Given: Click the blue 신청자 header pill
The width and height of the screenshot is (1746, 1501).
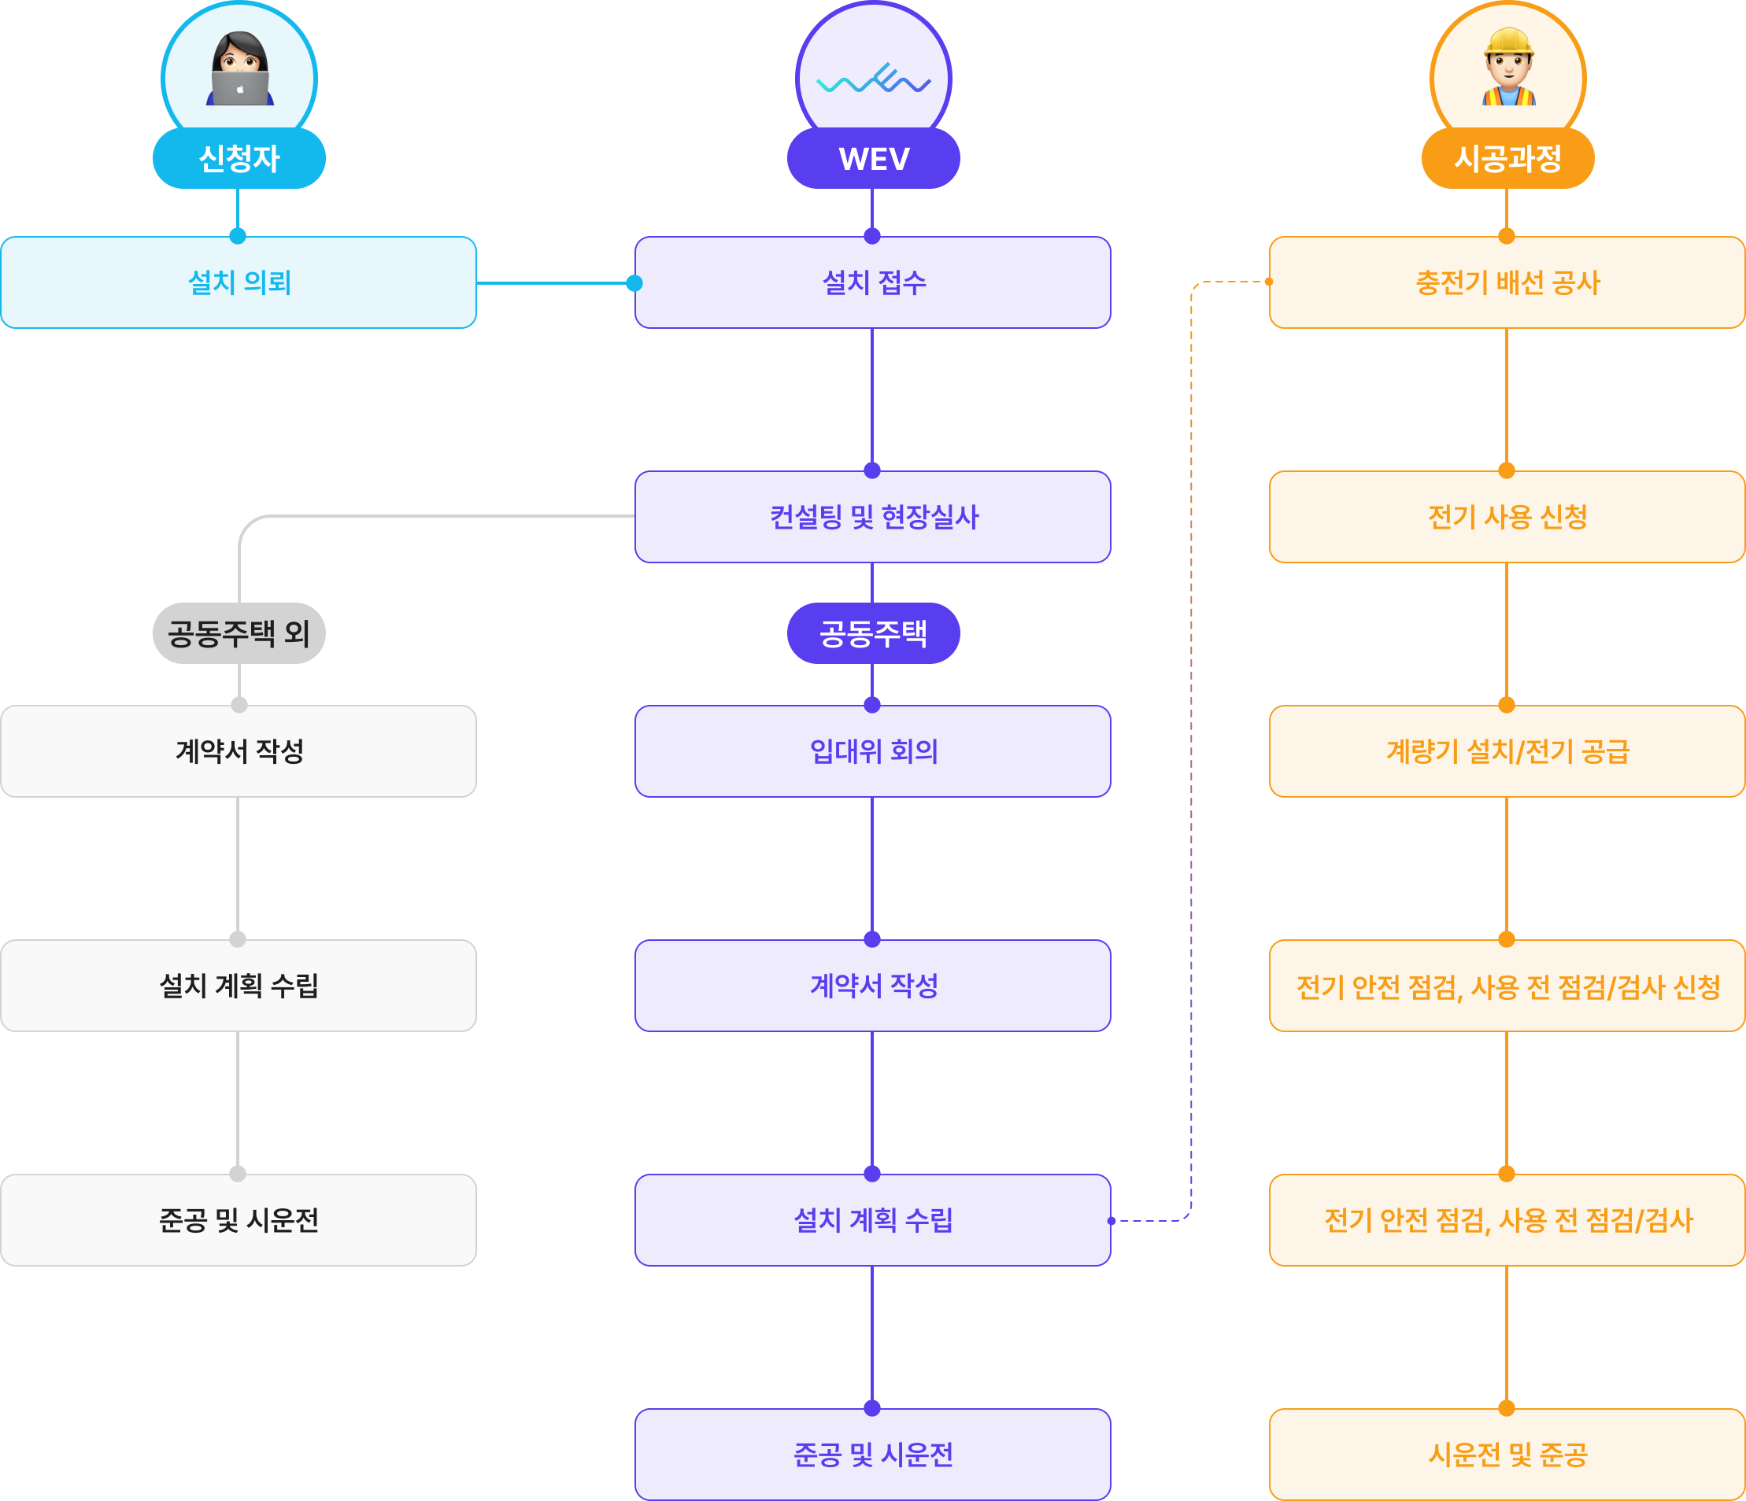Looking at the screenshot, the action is (x=239, y=158).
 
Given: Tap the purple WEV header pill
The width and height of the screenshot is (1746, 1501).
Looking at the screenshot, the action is (x=873, y=158).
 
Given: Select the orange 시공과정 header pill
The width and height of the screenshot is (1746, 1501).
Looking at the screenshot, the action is (x=1507, y=158).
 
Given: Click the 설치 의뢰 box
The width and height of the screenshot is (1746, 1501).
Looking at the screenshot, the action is (x=239, y=282).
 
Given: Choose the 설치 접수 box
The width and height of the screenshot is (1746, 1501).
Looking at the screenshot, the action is (x=873, y=282).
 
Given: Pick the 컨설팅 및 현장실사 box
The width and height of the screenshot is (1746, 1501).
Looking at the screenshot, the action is (x=873, y=516).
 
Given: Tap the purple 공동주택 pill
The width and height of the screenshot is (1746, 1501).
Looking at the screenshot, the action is (x=873, y=632).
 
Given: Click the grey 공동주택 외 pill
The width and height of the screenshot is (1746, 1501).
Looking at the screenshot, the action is (x=239, y=632).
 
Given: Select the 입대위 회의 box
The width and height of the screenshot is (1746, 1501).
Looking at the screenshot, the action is (x=873, y=750).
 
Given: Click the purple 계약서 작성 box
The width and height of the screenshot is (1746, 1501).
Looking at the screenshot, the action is (x=873, y=986).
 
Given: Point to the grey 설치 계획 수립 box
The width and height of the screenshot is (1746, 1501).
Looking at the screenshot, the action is (x=239, y=986).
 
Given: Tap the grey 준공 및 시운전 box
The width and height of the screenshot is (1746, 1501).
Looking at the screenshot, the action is (x=239, y=1219).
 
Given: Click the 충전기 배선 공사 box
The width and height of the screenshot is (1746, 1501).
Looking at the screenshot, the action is (x=1507, y=282).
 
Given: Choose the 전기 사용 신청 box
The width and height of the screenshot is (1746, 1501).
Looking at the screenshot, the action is (x=1507, y=516).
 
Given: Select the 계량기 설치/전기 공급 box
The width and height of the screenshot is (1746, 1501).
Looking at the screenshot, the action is (x=1507, y=750).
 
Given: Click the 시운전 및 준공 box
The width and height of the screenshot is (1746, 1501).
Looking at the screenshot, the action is (x=1507, y=1454).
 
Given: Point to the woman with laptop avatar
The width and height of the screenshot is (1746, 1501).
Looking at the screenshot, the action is (x=240, y=68).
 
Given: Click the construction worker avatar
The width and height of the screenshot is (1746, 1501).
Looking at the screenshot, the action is (x=1508, y=67).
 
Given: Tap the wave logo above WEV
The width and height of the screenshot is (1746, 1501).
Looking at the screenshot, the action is (x=874, y=79).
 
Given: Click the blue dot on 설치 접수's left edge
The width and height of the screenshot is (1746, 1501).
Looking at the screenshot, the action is (x=634, y=283).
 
